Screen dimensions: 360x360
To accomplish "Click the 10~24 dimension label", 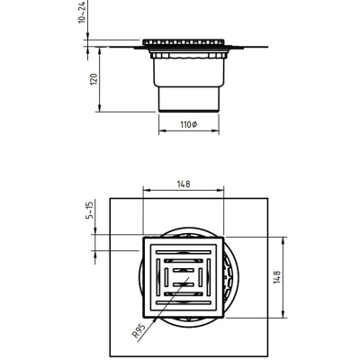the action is click(x=83, y=12).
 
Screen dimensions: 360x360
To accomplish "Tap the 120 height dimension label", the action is click(x=94, y=79).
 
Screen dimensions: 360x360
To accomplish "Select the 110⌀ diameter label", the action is click(x=189, y=124).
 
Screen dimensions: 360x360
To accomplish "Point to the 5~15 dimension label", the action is click(x=90, y=210).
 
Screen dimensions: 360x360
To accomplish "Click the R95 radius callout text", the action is click(x=139, y=331).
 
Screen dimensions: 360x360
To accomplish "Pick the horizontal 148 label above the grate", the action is click(x=184, y=184).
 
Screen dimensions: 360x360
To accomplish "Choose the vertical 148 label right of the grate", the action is click(x=277, y=277).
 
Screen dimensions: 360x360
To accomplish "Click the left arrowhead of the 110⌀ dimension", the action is click(x=162, y=130).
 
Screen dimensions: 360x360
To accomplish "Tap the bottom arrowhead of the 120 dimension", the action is click(x=100, y=108).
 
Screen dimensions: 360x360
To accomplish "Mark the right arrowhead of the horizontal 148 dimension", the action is click(x=220, y=190).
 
